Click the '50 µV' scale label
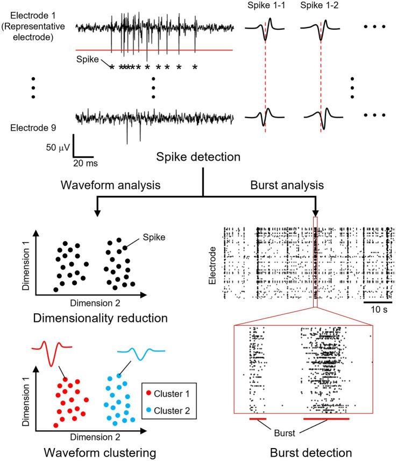pyautogui.click(x=57, y=146)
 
